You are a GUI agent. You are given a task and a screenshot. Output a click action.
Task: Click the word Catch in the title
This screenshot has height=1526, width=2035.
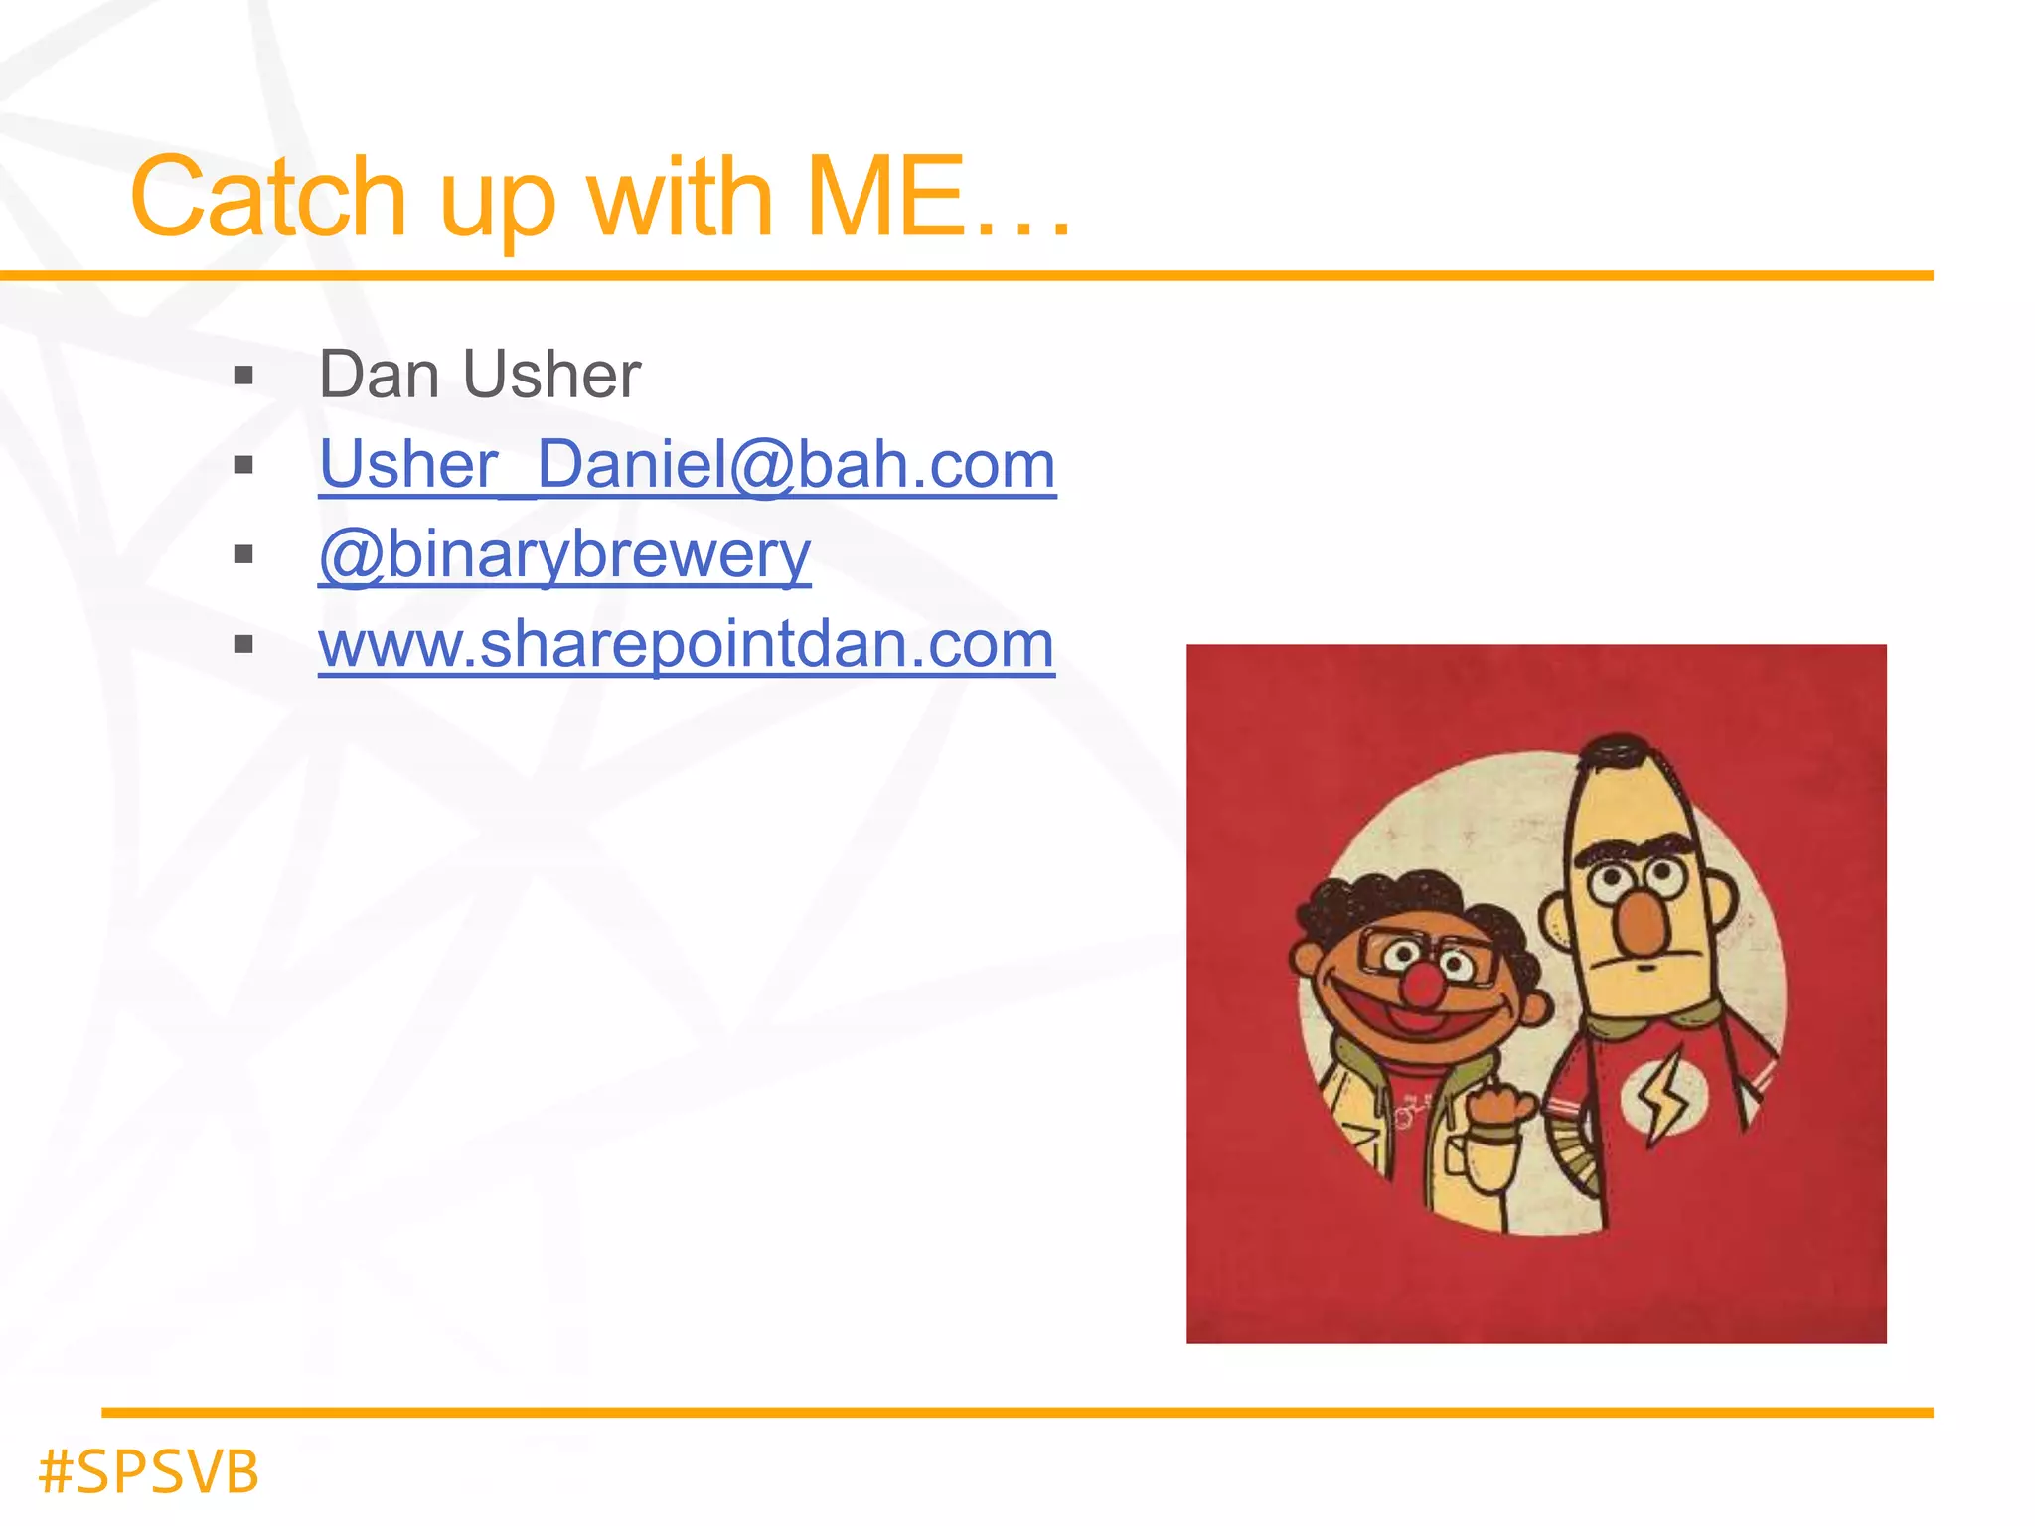tap(268, 198)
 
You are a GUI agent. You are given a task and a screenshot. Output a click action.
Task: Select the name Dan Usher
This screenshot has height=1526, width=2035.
tap(479, 376)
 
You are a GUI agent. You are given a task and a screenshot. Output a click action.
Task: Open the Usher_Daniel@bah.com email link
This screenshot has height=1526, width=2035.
tap(687, 465)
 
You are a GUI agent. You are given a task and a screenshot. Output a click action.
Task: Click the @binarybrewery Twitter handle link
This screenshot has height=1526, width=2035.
tap(564, 554)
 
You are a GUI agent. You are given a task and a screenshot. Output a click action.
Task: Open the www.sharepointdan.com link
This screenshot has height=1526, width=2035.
tap(687, 644)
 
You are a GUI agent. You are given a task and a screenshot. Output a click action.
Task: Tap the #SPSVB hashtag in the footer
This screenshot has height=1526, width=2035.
tap(149, 1471)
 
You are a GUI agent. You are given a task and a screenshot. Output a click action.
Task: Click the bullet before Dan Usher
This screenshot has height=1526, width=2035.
tap(243, 377)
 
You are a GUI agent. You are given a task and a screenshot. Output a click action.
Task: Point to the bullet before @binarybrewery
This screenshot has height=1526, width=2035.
tap(243, 555)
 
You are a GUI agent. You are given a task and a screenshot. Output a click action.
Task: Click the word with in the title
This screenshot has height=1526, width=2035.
tap(680, 198)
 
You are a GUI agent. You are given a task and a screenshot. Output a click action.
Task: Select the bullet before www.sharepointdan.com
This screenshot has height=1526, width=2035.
tap(243, 645)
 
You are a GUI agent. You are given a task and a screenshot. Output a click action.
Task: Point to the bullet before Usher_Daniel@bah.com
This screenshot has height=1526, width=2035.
tap(243, 466)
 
